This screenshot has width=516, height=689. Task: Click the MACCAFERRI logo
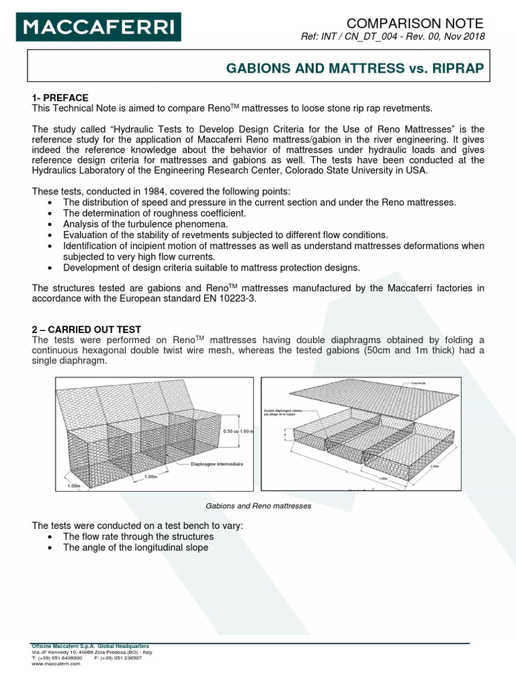(x=99, y=28)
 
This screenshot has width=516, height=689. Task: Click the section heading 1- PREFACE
(x=60, y=98)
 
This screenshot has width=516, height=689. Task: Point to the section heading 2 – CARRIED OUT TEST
(x=87, y=329)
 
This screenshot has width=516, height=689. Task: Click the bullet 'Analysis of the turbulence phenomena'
(x=145, y=223)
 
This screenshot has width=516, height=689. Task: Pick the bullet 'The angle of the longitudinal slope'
(x=136, y=547)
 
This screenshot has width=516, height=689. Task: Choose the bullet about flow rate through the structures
(x=138, y=536)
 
